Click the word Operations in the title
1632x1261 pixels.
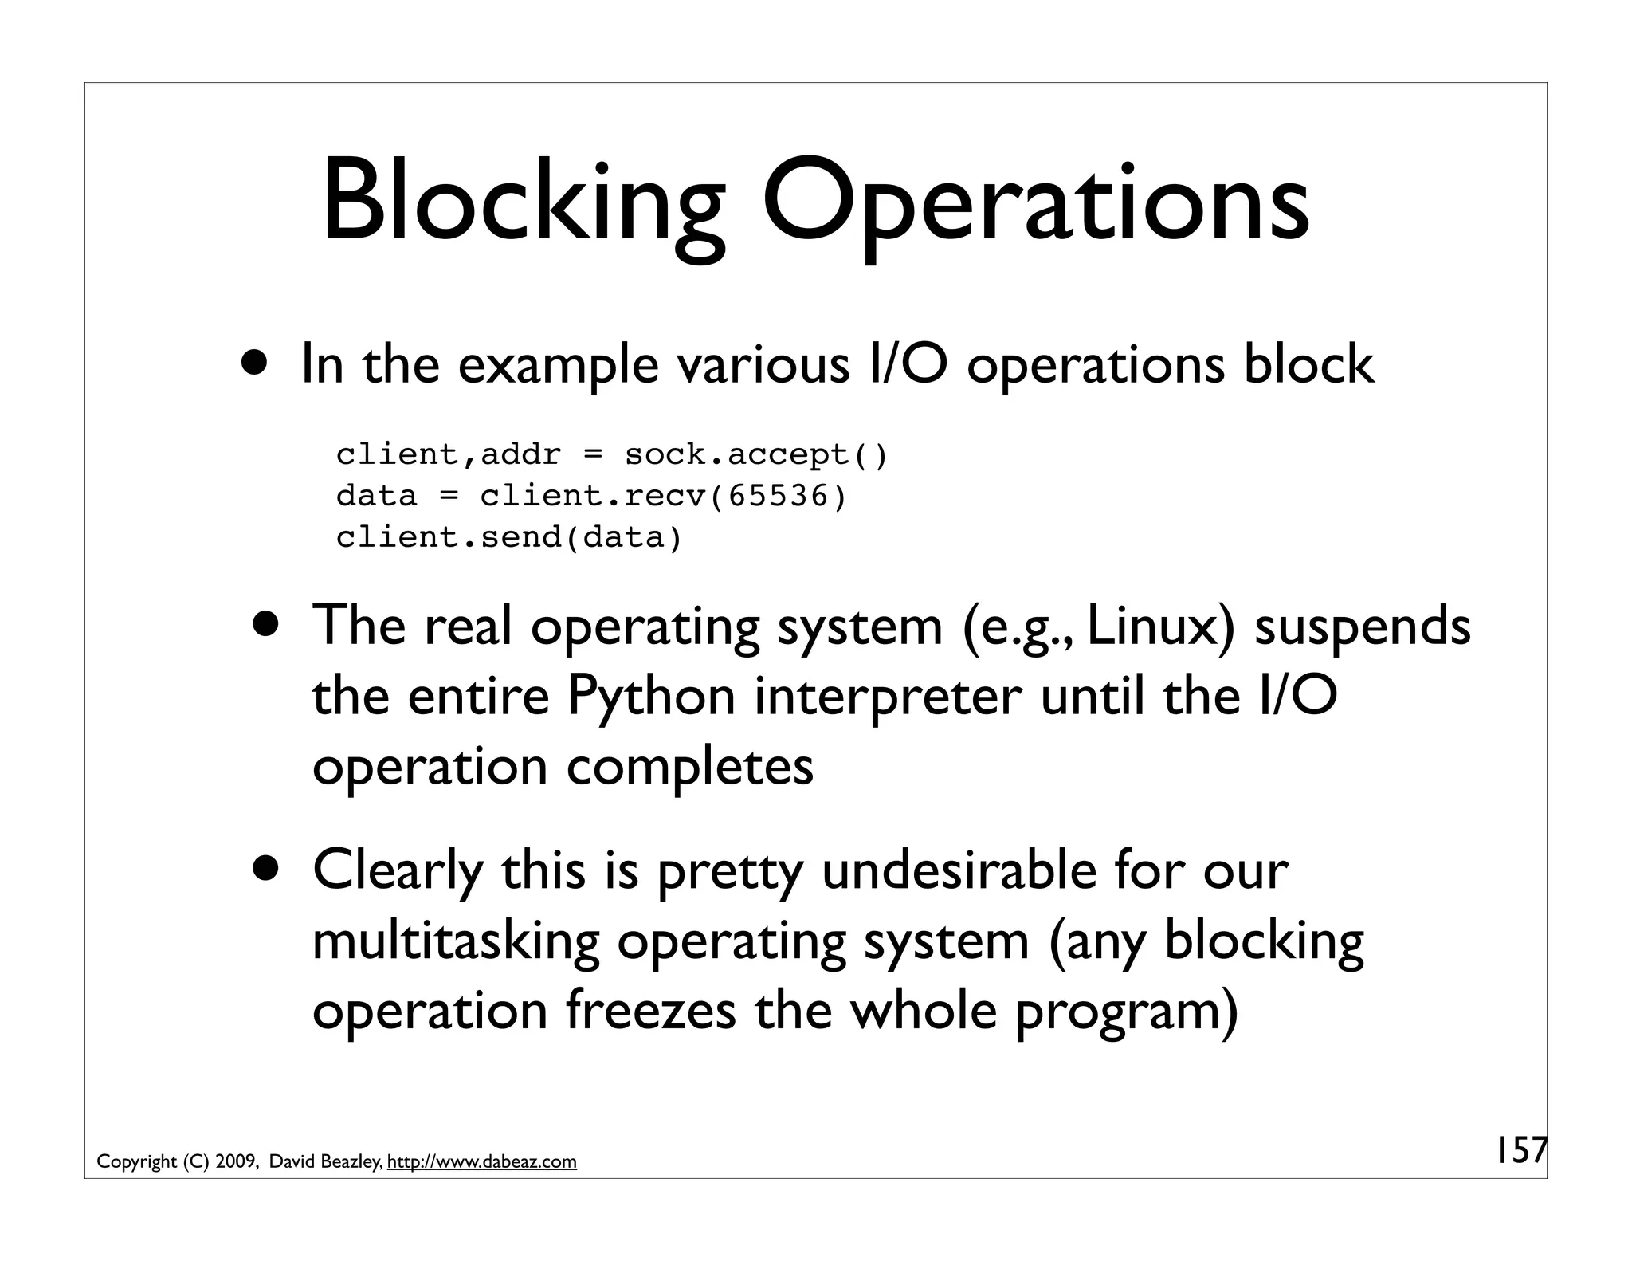[1035, 202]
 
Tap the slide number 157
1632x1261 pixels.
[1520, 1150]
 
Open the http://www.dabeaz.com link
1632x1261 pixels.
[481, 1162]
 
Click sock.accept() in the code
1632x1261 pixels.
[755, 455]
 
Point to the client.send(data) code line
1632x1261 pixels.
[509, 538]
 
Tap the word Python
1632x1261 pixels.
[651, 697]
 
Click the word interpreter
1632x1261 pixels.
[888, 697]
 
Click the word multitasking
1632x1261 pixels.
[455, 941]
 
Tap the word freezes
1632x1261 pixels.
[651, 1011]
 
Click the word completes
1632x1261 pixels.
[690, 767]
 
